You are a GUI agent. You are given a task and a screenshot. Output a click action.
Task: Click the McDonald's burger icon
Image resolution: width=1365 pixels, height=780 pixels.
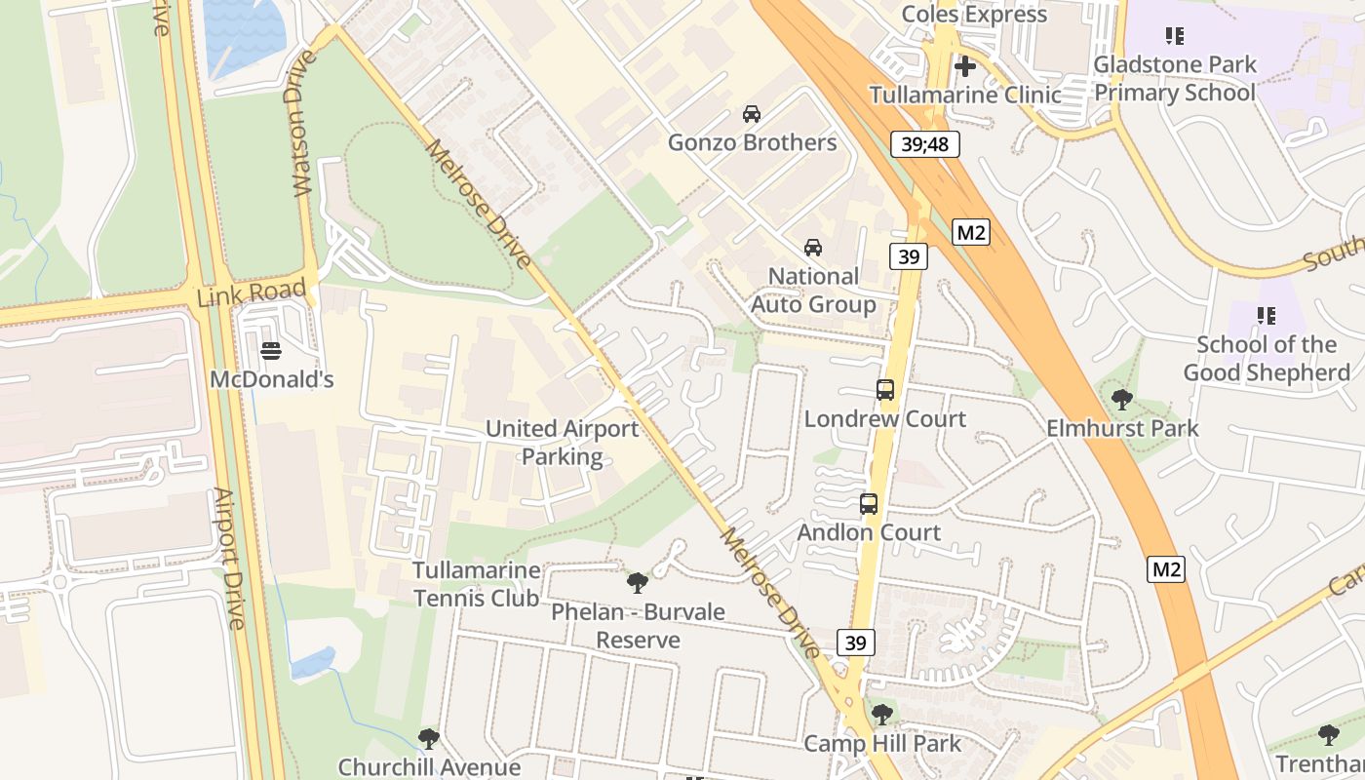click(271, 349)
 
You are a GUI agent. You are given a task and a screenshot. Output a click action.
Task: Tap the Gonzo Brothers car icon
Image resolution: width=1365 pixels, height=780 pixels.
click(751, 113)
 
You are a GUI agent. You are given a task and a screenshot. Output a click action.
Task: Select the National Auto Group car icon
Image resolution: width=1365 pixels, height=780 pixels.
click(812, 248)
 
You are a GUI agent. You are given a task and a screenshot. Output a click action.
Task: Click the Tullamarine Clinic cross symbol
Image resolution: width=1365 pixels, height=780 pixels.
click(965, 66)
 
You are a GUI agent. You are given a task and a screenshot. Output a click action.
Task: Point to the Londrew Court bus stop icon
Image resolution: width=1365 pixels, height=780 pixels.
click(885, 390)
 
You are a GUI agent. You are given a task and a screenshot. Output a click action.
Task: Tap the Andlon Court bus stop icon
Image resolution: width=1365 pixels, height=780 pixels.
click(869, 504)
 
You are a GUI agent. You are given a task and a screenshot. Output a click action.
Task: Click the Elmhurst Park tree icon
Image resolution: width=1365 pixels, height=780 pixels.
click(1122, 399)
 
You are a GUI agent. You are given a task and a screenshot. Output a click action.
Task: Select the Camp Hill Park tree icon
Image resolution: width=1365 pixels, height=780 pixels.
click(882, 715)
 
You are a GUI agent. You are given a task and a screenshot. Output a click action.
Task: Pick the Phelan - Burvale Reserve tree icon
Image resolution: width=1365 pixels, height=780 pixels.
click(638, 583)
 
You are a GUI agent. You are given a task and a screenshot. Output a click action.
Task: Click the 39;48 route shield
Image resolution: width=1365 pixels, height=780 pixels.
click(924, 145)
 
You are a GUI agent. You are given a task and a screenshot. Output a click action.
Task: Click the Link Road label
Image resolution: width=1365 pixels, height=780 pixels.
click(252, 292)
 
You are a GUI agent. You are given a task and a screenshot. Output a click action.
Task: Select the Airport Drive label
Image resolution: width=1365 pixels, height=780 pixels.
click(231, 558)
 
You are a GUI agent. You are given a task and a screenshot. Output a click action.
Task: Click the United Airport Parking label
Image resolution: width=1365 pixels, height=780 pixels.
click(563, 442)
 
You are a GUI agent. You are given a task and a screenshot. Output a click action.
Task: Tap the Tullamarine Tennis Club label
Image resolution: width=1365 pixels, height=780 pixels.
click(476, 583)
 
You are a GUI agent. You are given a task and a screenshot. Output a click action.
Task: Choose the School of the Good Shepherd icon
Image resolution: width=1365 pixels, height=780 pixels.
click(1267, 315)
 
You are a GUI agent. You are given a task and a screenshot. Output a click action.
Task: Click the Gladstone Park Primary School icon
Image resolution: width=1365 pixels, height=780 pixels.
click(1175, 36)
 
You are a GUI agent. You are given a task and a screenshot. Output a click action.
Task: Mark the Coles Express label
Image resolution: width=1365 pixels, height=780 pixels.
click(974, 14)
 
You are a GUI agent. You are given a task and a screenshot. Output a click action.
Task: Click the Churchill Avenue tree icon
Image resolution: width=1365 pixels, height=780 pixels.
click(428, 738)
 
